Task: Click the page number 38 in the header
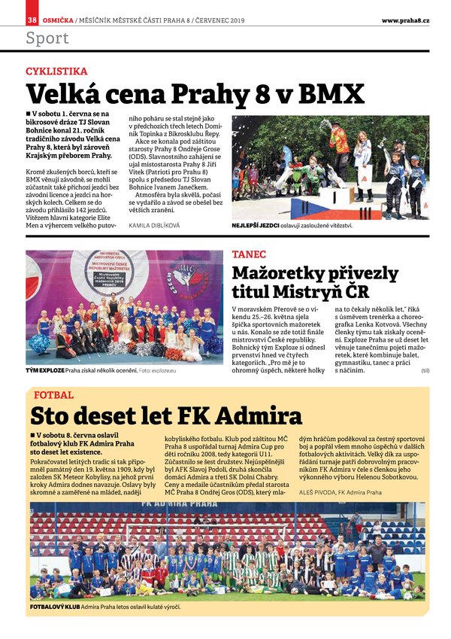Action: click(32, 20)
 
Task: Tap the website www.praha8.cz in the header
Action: click(405, 20)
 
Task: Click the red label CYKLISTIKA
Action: click(56, 72)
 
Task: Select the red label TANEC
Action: click(249, 255)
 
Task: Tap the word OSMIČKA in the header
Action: click(57, 20)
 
